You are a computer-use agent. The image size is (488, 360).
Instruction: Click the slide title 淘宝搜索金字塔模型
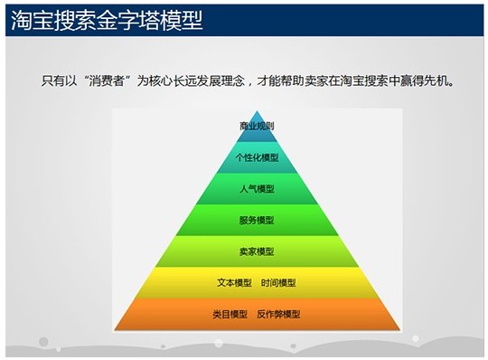pyautogui.click(x=107, y=20)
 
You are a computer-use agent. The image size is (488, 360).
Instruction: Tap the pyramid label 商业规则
pyautogui.click(x=257, y=126)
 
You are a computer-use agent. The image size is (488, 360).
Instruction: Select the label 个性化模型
pyautogui.click(x=257, y=157)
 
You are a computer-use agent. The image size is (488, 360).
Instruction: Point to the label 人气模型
pyautogui.click(x=257, y=189)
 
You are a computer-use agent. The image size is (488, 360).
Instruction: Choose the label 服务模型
pyautogui.click(x=257, y=220)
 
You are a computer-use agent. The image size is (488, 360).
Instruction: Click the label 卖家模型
pyautogui.click(x=257, y=251)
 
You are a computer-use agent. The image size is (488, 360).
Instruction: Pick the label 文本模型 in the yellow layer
pyautogui.click(x=234, y=283)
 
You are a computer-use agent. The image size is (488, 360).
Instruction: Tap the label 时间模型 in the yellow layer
pyautogui.click(x=278, y=283)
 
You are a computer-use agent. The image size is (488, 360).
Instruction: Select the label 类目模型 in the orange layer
pyautogui.click(x=230, y=314)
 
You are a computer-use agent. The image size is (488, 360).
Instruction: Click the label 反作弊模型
pyautogui.click(x=278, y=314)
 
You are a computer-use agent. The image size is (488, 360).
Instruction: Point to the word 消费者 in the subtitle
pyautogui.click(x=107, y=81)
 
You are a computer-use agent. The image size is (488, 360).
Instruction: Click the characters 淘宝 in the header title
pyautogui.click(x=32, y=20)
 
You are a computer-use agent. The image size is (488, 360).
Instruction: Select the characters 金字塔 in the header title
pyautogui.click(x=128, y=20)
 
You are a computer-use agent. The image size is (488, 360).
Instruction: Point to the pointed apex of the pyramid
pyautogui.click(x=257, y=111)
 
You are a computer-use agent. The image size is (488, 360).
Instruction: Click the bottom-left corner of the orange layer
pyautogui.click(x=115, y=329)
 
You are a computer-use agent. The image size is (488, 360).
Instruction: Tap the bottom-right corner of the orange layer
pyautogui.click(x=399, y=329)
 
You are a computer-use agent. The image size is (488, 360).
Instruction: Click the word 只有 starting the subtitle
pyautogui.click(x=53, y=81)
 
